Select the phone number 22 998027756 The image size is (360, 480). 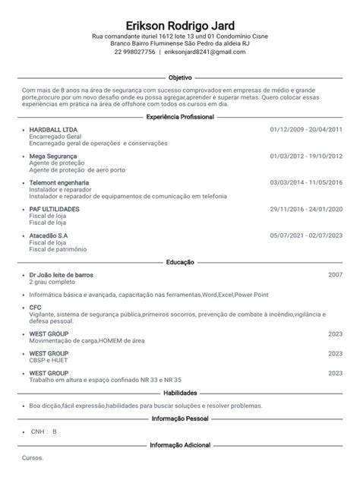pyautogui.click(x=135, y=52)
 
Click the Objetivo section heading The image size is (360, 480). pyautogui.click(x=180, y=77)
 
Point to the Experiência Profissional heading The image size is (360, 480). pyautogui.click(x=179, y=117)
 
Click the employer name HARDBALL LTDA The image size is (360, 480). pyautogui.click(x=52, y=129)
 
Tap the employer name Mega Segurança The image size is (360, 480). pyautogui.click(x=52, y=156)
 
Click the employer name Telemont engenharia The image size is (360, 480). pyautogui.click(x=58, y=182)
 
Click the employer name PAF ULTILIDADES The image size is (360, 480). pyautogui.click(x=54, y=209)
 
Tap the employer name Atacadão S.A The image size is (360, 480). pyautogui.click(x=48, y=235)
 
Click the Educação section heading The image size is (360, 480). pyautogui.click(x=180, y=261)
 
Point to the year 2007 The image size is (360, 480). pyautogui.click(x=335, y=273)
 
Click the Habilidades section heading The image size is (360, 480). pyautogui.click(x=180, y=393)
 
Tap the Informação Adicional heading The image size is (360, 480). pyautogui.click(x=180, y=445)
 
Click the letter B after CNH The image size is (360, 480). pyautogui.click(x=54, y=431)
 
